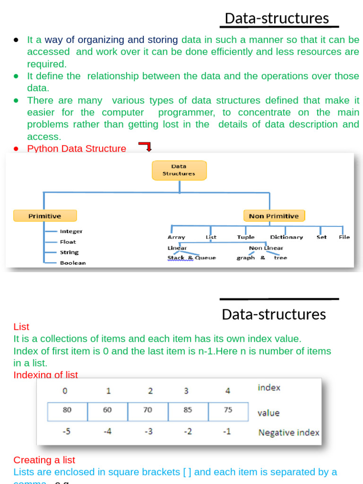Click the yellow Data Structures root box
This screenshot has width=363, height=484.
coord(179,170)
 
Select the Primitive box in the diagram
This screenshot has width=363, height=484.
coord(44,216)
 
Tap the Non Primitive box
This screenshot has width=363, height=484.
coord(274,216)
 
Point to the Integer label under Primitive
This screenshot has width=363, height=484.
coord(71,231)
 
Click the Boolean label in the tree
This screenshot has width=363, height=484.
coord(73,263)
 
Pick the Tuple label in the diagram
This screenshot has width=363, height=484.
coord(246,237)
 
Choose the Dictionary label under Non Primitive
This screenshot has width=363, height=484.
coord(286,237)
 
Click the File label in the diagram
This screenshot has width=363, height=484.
coord(344,237)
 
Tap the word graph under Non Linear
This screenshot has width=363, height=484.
coord(246,258)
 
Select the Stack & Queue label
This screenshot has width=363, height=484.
coord(191,258)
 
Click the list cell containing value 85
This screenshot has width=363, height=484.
coord(188,411)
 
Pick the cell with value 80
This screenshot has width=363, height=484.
coord(67,411)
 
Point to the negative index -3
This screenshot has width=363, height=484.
coord(148,432)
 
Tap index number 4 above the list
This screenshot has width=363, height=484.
coord(228,391)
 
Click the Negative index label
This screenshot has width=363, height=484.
coord(289,432)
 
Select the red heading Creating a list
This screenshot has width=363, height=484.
coord(44,460)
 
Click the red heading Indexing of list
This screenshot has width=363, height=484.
coord(45,375)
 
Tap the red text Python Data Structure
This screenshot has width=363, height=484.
coord(77,149)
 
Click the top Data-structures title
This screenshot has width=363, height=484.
coord(277,18)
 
